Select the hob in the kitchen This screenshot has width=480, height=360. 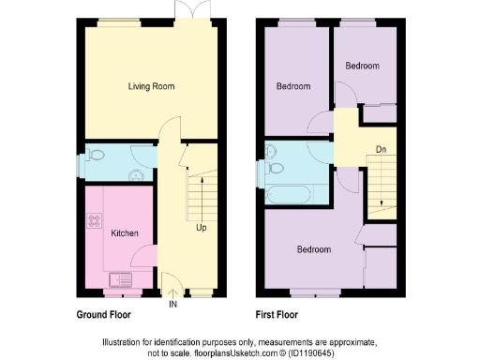pos(95,222)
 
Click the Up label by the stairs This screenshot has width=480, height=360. pos(202,228)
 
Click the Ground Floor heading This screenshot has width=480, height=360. pos(103,315)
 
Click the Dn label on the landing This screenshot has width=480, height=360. pos(381,148)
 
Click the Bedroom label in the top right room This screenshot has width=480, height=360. pos(362,66)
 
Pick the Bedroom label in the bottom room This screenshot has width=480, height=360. pos(314,249)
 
